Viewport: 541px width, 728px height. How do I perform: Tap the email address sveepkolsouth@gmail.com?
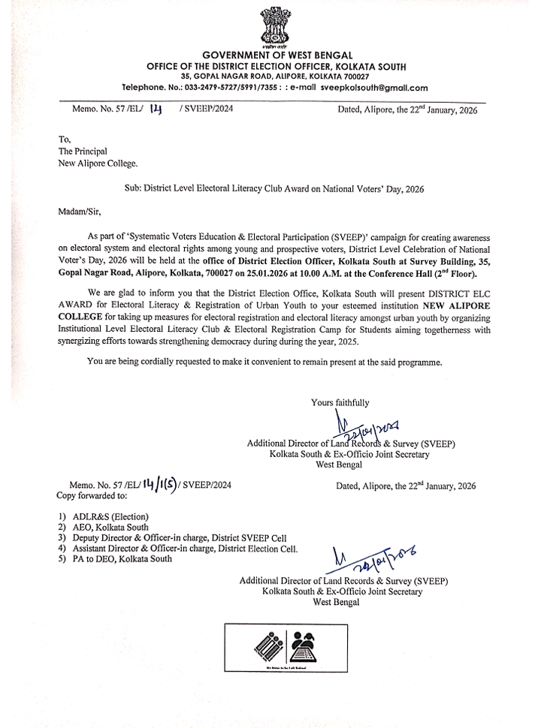(374, 88)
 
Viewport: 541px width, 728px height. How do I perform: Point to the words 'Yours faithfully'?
(340, 403)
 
